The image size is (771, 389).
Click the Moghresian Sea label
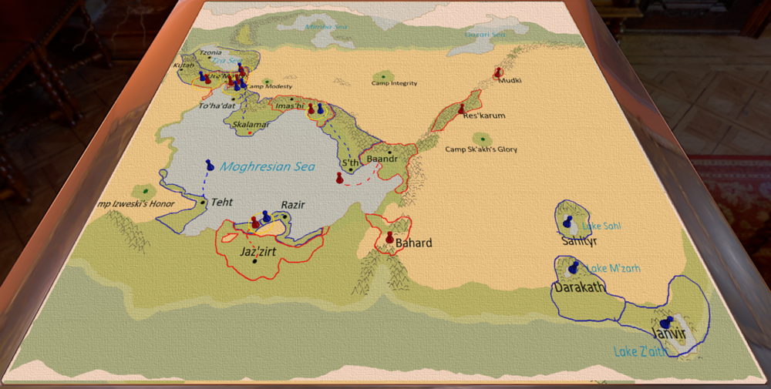click(268, 166)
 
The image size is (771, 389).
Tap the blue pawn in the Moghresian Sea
click(210, 165)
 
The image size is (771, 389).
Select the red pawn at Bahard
click(389, 237)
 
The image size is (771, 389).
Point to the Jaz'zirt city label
click(258, 251)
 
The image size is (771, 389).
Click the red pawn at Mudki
click(498, 73)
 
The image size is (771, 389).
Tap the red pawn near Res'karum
click(462, 109)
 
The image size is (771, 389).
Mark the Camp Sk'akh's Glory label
click(482, 149)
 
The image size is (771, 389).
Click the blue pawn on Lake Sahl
click(568, 222)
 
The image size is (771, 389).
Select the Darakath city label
click(577, 288)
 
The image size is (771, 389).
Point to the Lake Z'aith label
click(640, 352)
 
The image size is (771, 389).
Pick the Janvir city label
click(668, 334)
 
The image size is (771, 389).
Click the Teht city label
click(222, 201)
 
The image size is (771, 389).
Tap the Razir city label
click(293, 205)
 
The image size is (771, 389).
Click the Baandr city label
click(382, 159)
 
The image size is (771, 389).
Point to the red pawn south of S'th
click(339, 178)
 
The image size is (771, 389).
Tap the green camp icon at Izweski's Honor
click(144, 190)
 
